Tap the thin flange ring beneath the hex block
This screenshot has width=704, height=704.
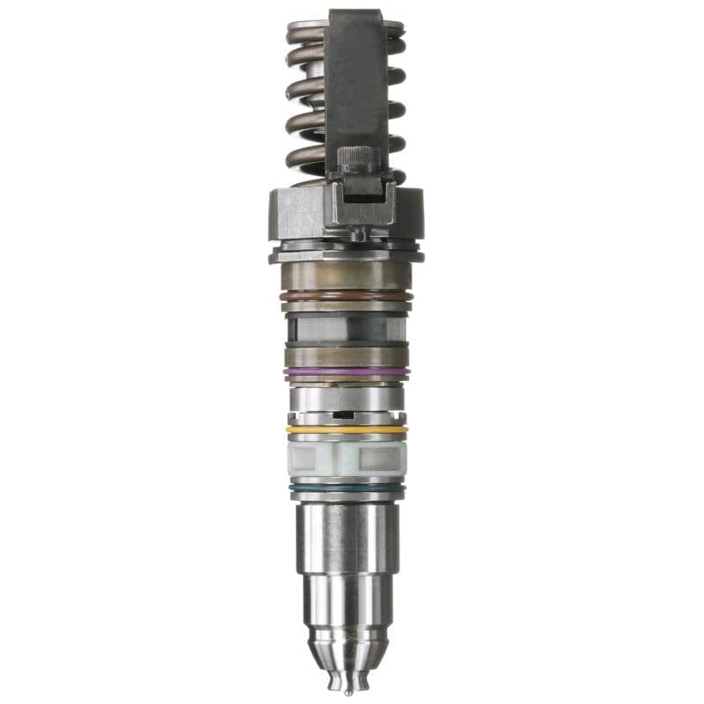tap(346, 255)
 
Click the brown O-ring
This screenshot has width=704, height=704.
tap(346, 297)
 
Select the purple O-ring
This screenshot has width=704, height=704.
tap(346, 371)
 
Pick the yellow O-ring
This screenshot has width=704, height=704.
tap(346, 429)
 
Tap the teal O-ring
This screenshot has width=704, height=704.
tap(346, 486)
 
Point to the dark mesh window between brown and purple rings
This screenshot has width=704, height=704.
tap(346, 329)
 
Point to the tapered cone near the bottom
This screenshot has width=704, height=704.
tap(346, 652)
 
